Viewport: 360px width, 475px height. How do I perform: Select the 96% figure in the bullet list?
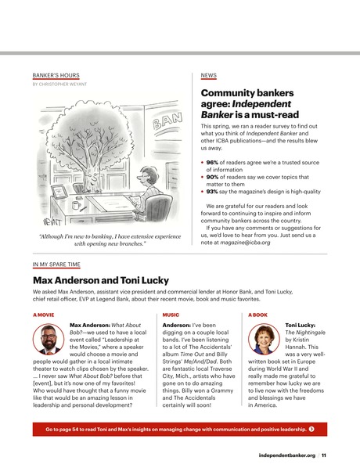pos(211,162)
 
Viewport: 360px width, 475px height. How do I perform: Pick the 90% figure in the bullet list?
pos(211,177)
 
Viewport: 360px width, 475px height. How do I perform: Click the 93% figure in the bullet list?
pos(211,191)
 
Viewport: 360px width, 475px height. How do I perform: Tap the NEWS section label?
pos(208,75)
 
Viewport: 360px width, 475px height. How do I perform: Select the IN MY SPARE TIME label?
pos(56,266)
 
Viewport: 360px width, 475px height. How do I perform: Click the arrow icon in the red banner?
pos(312,430)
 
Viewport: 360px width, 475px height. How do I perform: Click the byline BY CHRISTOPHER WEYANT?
pos(59,84)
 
